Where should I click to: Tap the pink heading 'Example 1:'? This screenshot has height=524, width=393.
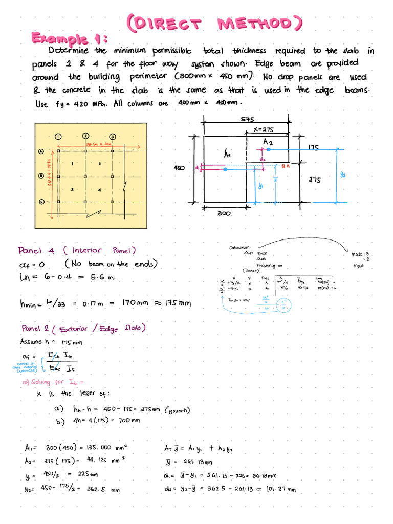tap(70, 38)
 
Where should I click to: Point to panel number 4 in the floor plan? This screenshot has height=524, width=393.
tap(99, 190)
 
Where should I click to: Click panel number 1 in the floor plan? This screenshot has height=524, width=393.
tap(73, 164)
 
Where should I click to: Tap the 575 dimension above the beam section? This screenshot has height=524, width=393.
tap(247, 119)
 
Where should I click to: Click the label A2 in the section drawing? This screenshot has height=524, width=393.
tap(268, 141)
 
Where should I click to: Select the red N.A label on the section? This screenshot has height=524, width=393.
tap(287, 166)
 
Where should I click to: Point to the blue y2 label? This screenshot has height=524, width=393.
tap(343, 174)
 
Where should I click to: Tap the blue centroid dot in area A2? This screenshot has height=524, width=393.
tap(268, 149)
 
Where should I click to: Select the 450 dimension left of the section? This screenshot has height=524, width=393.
tap(179, 167)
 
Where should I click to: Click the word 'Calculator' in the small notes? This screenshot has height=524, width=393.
tap(240, 248)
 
